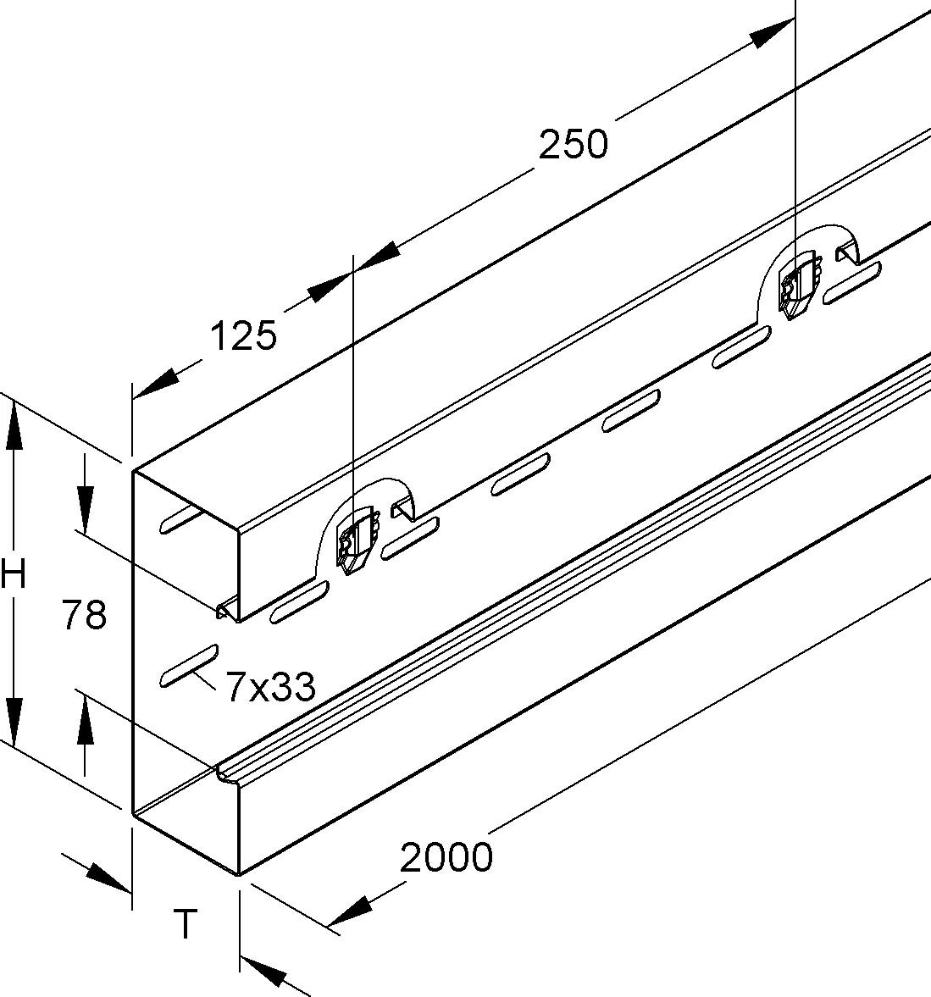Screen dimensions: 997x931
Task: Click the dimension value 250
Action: pyautogui.click(x=574, y=145)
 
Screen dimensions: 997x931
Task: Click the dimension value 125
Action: pyautogui.click(x=243, y=336)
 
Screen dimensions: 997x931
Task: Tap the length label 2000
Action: pyautogui.click(x=446, y=857)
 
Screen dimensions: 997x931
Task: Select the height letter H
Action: pyautogui.click(x=14, y=575)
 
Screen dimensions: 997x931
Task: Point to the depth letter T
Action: pyautogui.click(x=185, y=923)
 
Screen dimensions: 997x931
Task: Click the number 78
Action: pyautogui.click(x=84, y=615)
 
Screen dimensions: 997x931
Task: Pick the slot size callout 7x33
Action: pyautogui.click(x=270, y=687)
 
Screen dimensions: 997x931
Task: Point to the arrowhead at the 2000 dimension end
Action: pyautogui.click(x=348, y=911)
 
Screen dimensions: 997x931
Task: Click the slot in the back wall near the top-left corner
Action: pyautogui.click(x=178, y=519)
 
